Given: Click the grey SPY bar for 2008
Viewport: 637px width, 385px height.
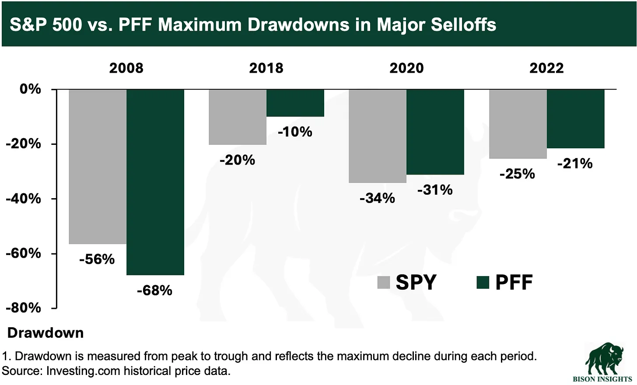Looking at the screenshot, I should coord(98,166).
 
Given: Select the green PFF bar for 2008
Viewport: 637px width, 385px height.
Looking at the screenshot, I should coord(155,182).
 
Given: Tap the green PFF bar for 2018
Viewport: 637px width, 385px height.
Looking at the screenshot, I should coord(295,103).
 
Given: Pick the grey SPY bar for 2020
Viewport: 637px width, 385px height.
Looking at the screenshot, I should coord(378,136).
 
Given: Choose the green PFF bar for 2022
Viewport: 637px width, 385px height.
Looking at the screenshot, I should coord(575,119).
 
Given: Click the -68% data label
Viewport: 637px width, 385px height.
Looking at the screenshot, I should coord(154,290).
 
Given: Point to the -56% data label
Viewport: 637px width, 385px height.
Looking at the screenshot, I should coord(97,259).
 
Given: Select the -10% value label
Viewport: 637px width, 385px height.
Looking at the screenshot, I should coord(295,132).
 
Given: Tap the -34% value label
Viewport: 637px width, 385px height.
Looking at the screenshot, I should coord(377,198).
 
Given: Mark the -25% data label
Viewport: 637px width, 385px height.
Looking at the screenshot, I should coord(517,174).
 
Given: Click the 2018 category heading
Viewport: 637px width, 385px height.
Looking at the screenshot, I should coord(266,68).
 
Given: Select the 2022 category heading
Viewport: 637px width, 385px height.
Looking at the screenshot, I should coord(546,68).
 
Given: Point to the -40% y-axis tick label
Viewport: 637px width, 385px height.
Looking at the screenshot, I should coord(23,199).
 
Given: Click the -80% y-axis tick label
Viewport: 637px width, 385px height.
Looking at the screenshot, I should coord(23,308).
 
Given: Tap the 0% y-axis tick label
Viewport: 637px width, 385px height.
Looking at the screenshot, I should coord(30,89).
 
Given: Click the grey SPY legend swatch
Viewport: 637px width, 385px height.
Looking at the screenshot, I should coord(384,282).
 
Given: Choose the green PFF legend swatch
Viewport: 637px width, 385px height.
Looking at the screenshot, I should coord(483,282).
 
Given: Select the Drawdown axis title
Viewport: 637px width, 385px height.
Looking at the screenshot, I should coord(45,333).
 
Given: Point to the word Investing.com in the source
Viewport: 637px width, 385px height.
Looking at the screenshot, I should coord(83,371).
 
